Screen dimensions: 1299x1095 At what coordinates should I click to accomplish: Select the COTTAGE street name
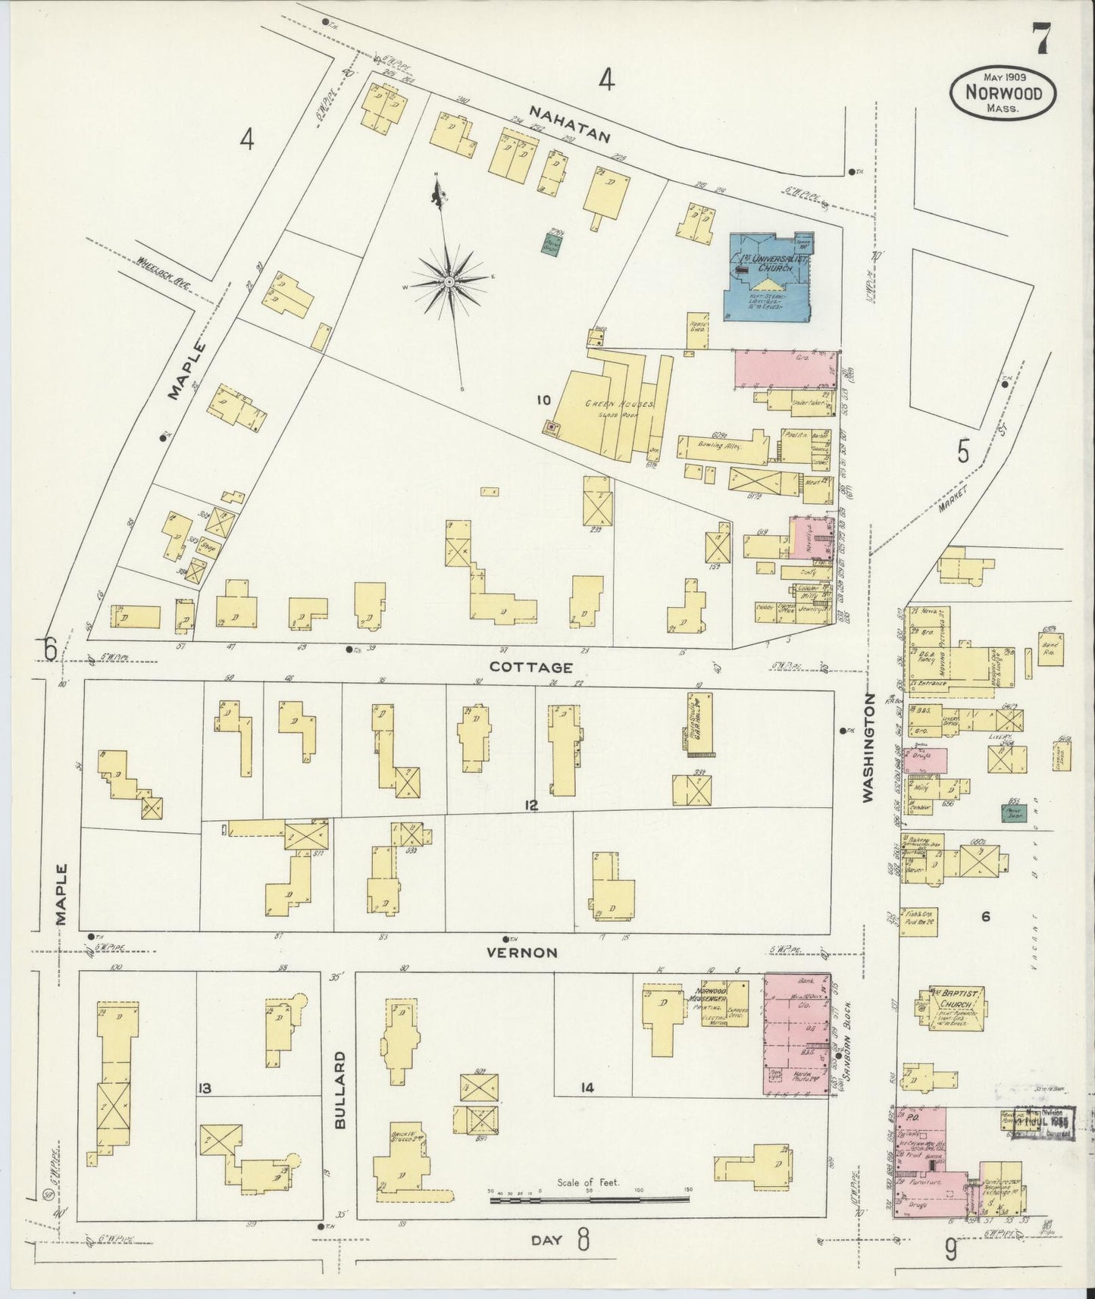530,667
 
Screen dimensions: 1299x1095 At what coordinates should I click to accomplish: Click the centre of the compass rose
449,282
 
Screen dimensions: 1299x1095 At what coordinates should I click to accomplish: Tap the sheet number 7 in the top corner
1039,39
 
